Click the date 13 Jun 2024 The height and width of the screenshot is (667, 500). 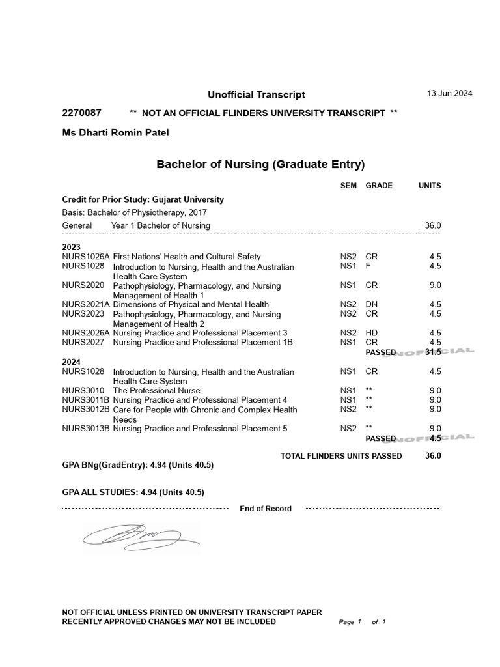click(x=449, y=93)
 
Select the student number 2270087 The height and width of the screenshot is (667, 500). click(x=81, y=113)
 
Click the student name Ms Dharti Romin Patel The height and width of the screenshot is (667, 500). click(x=115, y=133)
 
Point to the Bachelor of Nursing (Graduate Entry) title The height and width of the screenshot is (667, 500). click(x=260, y=164)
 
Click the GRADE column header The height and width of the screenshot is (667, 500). click(x=379, y=186)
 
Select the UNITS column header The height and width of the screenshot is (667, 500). click(x=430, y=186)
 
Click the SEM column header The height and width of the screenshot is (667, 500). click(x=348, y=186)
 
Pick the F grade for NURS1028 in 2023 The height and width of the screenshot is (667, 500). click(x=368, y=266)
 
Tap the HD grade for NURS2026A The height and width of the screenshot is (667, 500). click(x=371, y=333)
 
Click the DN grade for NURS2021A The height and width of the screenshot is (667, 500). click(x=371, y=304)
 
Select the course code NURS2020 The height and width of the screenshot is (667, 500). click(x=83, y=285)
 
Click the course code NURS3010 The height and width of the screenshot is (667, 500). click(x=83, y=390)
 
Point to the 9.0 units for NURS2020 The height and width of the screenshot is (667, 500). click(x=436, y=285)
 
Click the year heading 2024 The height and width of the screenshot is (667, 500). click(x=72, y=362)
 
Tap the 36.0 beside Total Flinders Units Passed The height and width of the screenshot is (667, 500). click(x=433, y=456)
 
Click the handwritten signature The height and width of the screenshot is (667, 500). click(x=140, y=537)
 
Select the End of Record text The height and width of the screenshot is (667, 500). click(x=266, y=509)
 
